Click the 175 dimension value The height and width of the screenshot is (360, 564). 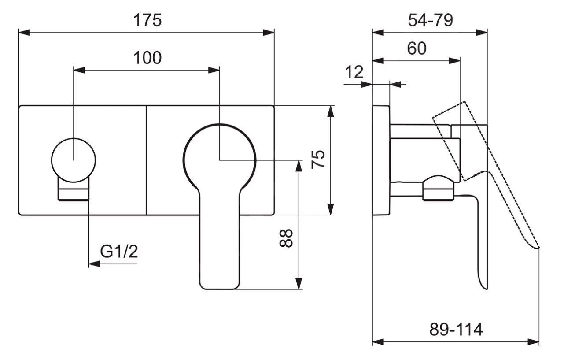tap(147, 20)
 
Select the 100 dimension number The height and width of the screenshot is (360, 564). tap(147, 57)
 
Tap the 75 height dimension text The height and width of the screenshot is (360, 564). tap(318, 159)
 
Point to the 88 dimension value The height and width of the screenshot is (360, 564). tap(286, 238)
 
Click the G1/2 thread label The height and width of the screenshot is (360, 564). tap(119, 252)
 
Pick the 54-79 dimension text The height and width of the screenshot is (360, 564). tap(430, 20)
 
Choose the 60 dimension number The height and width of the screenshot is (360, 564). tap(417, 48)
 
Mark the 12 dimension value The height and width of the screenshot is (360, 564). tap(354, 71)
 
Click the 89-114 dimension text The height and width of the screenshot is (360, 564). tap(456, 329)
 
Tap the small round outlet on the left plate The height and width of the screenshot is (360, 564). tap(73, 160)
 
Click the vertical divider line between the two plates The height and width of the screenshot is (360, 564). tap(146, 160)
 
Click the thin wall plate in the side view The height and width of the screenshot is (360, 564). tap(381, 160)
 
